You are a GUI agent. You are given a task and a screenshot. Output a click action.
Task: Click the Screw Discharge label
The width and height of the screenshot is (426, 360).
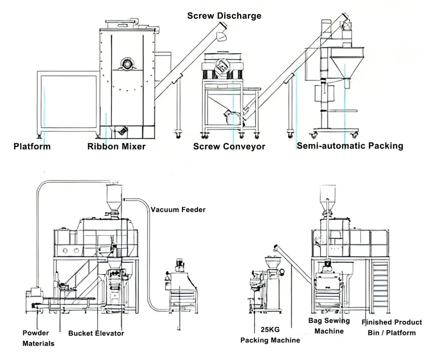[x=224, y=16]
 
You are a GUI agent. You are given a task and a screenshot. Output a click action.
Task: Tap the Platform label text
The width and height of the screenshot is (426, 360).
[x=32, y=146]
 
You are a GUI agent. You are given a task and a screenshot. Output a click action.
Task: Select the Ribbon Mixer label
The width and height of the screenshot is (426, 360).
[x=116, y=146]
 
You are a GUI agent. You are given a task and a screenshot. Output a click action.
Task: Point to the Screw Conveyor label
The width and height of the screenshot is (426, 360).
[x=229, y=146]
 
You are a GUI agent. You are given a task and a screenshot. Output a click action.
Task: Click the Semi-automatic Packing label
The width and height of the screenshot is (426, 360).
[x=350, y=145]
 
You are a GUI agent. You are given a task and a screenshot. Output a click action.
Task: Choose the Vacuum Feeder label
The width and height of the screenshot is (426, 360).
[x=178, y=210]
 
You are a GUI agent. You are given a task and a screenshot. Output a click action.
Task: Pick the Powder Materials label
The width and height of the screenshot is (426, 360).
[x=38, y=338]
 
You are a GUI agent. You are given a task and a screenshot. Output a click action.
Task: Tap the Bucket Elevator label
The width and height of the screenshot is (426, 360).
[x=96, y=333]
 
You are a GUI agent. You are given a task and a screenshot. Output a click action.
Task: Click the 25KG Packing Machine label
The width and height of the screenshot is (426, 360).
[x=270, y=335]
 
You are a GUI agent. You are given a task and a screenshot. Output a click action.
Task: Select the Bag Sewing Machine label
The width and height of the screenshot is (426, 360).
[x=329, y=325]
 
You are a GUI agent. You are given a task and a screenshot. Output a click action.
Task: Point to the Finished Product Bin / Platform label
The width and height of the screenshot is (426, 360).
[x=391, y=327]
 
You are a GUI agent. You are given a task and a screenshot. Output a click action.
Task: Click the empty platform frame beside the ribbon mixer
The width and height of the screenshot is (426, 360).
[x=68, y=100]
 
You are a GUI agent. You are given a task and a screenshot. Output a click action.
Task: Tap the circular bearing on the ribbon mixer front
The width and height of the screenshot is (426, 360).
[x=125, y=64]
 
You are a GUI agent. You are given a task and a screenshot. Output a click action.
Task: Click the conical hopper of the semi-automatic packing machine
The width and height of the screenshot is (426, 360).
[x=346, y=66]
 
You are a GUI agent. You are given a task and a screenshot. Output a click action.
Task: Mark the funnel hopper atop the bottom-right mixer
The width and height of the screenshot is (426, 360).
[x=327, y=195]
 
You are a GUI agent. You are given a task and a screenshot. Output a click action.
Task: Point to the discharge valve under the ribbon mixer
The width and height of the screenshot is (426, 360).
[x=121, y=131]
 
